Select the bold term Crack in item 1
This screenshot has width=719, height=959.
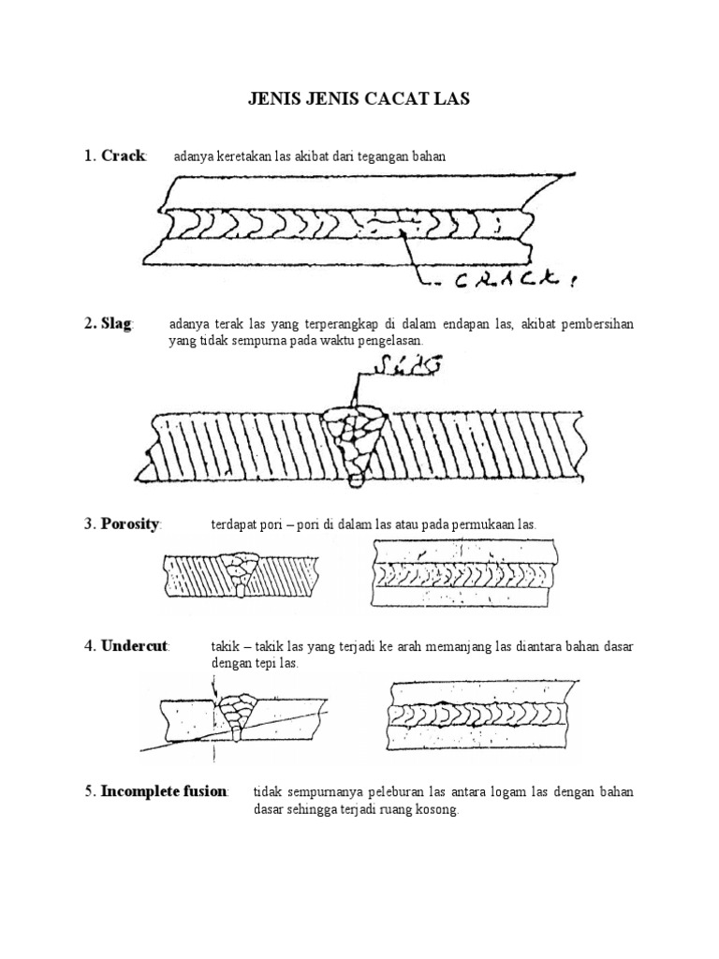(123, 155)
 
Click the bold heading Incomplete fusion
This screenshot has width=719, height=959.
(165, 792)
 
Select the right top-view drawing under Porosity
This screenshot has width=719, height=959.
(465, 573)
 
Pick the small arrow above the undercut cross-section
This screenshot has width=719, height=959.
(214, 688)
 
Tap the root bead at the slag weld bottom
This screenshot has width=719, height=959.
(355, 481)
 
